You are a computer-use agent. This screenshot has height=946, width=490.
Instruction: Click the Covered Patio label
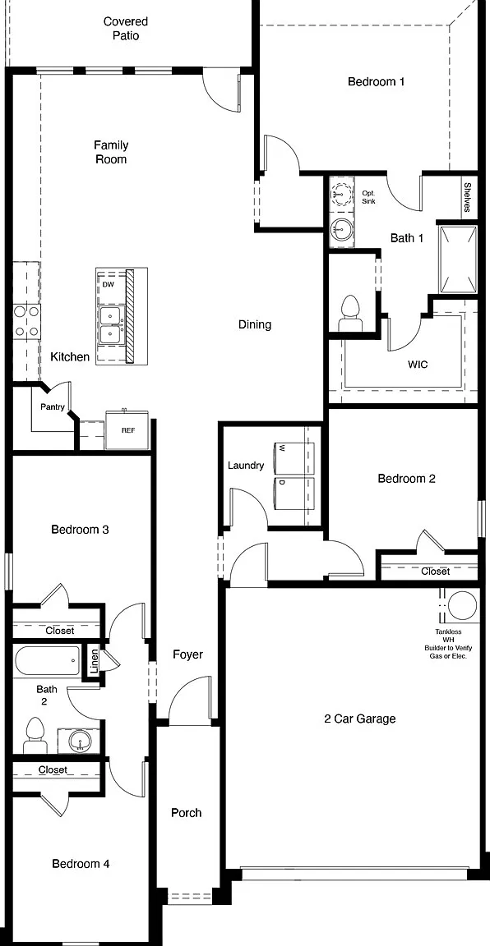[x=126, y=29]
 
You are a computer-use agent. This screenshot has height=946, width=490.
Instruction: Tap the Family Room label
[x=110, y=152]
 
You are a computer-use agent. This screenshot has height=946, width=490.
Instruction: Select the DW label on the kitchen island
[x=109, y=284]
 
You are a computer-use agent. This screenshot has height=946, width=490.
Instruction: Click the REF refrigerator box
[x=128, y=430]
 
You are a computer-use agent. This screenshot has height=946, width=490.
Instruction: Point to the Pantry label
[x=53, y=406]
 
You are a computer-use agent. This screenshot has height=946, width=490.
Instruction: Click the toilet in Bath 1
[x=349, y=314]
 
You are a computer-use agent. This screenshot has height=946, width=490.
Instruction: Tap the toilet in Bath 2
[x=35, y=736]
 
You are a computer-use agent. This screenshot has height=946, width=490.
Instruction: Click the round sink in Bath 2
[x=80, y=740]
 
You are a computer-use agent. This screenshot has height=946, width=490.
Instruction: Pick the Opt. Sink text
[x=368, y=197]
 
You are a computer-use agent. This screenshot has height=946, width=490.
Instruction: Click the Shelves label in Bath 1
[x=467, y=198]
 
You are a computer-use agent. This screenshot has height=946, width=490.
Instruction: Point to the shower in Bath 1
[x=459, y=258]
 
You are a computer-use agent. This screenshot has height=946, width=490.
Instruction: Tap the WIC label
[x=418, y=365]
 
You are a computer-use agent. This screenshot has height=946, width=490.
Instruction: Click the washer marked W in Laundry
[x=294, y=458]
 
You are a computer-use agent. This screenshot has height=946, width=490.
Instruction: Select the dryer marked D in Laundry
[x=294, y=493]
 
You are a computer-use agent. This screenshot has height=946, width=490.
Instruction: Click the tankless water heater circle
[x=462, y=606]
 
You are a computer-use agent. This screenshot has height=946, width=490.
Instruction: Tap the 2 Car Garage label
[x=360, y=719]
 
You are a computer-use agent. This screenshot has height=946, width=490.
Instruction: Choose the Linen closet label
[x=94, y=662]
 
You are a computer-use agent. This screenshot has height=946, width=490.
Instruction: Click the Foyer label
[x=187, y=654]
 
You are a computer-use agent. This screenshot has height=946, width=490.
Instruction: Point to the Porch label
[x=186, y=813]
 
